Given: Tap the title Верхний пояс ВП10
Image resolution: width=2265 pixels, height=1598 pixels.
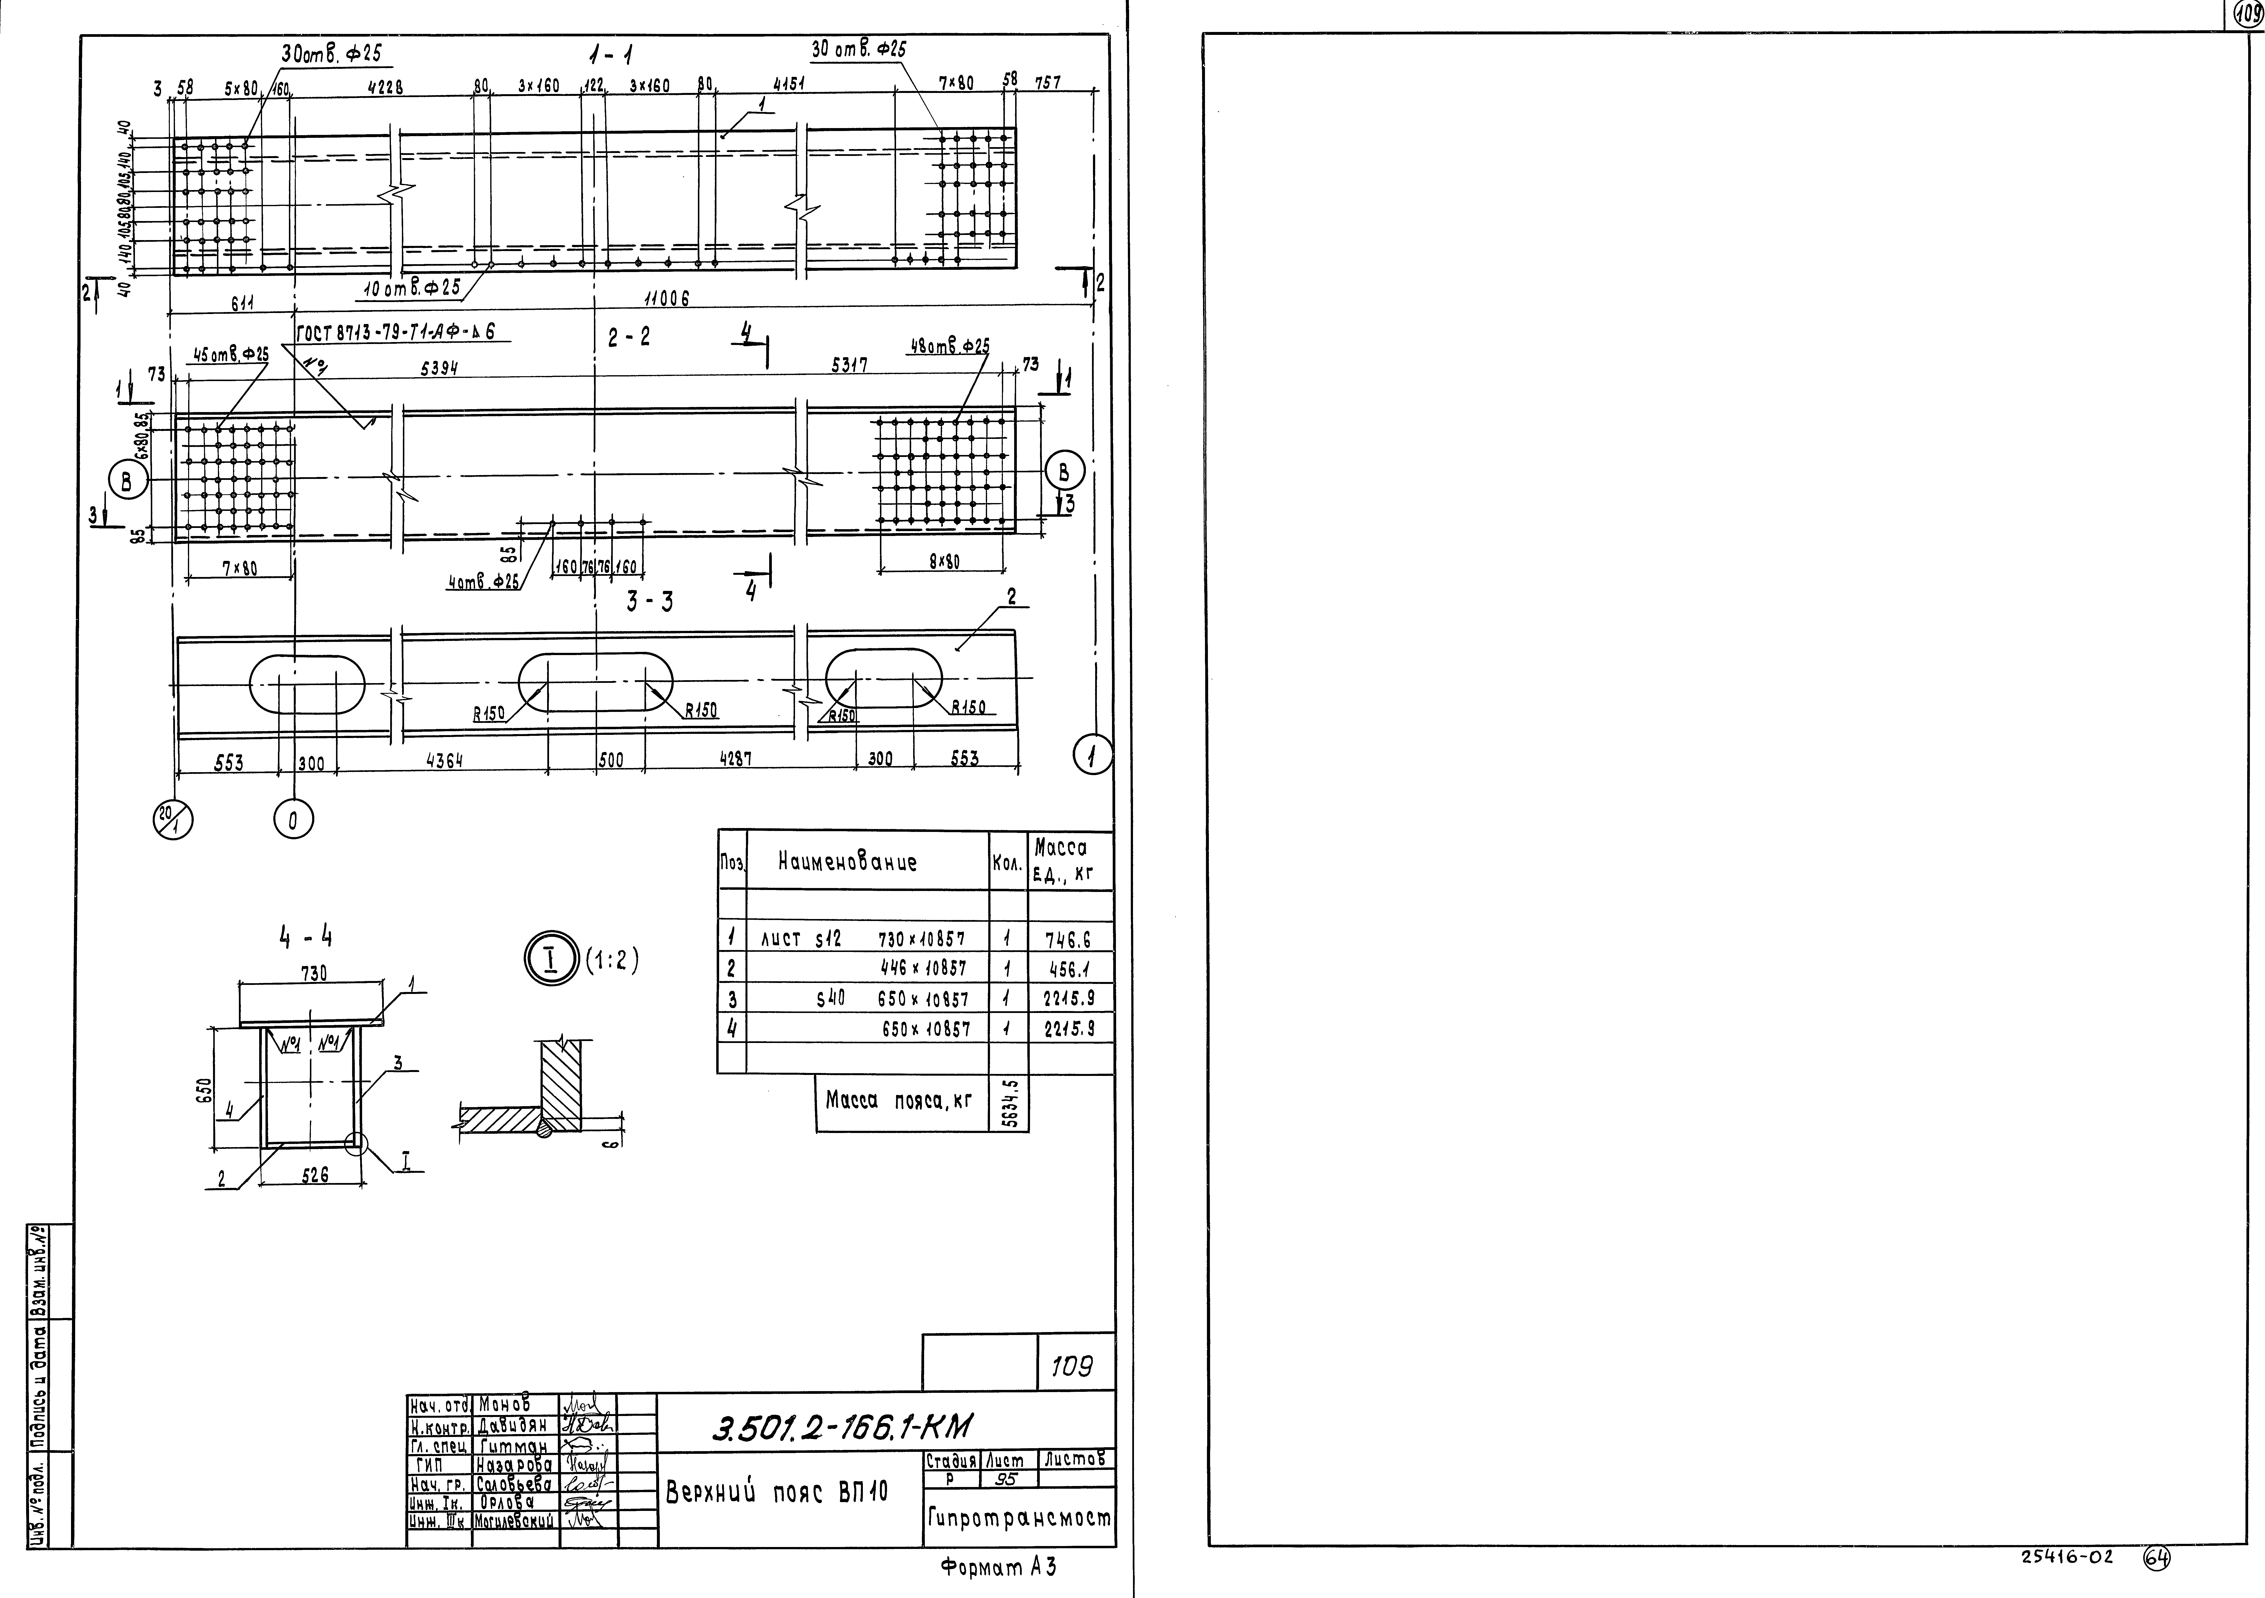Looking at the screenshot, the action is (x=777, y=1492).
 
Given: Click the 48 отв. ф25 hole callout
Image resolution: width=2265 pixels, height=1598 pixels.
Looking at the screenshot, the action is (x=947, y=347).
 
